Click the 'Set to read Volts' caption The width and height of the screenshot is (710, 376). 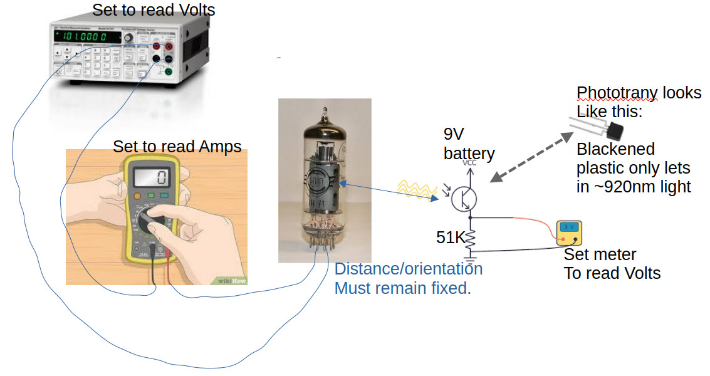pos(154,10)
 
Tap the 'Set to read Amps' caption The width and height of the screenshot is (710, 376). pos(177,147)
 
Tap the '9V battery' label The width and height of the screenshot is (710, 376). pos(469,144)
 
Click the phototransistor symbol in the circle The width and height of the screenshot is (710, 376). pos(464,198)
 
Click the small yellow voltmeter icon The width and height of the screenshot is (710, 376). pos(570,232)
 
